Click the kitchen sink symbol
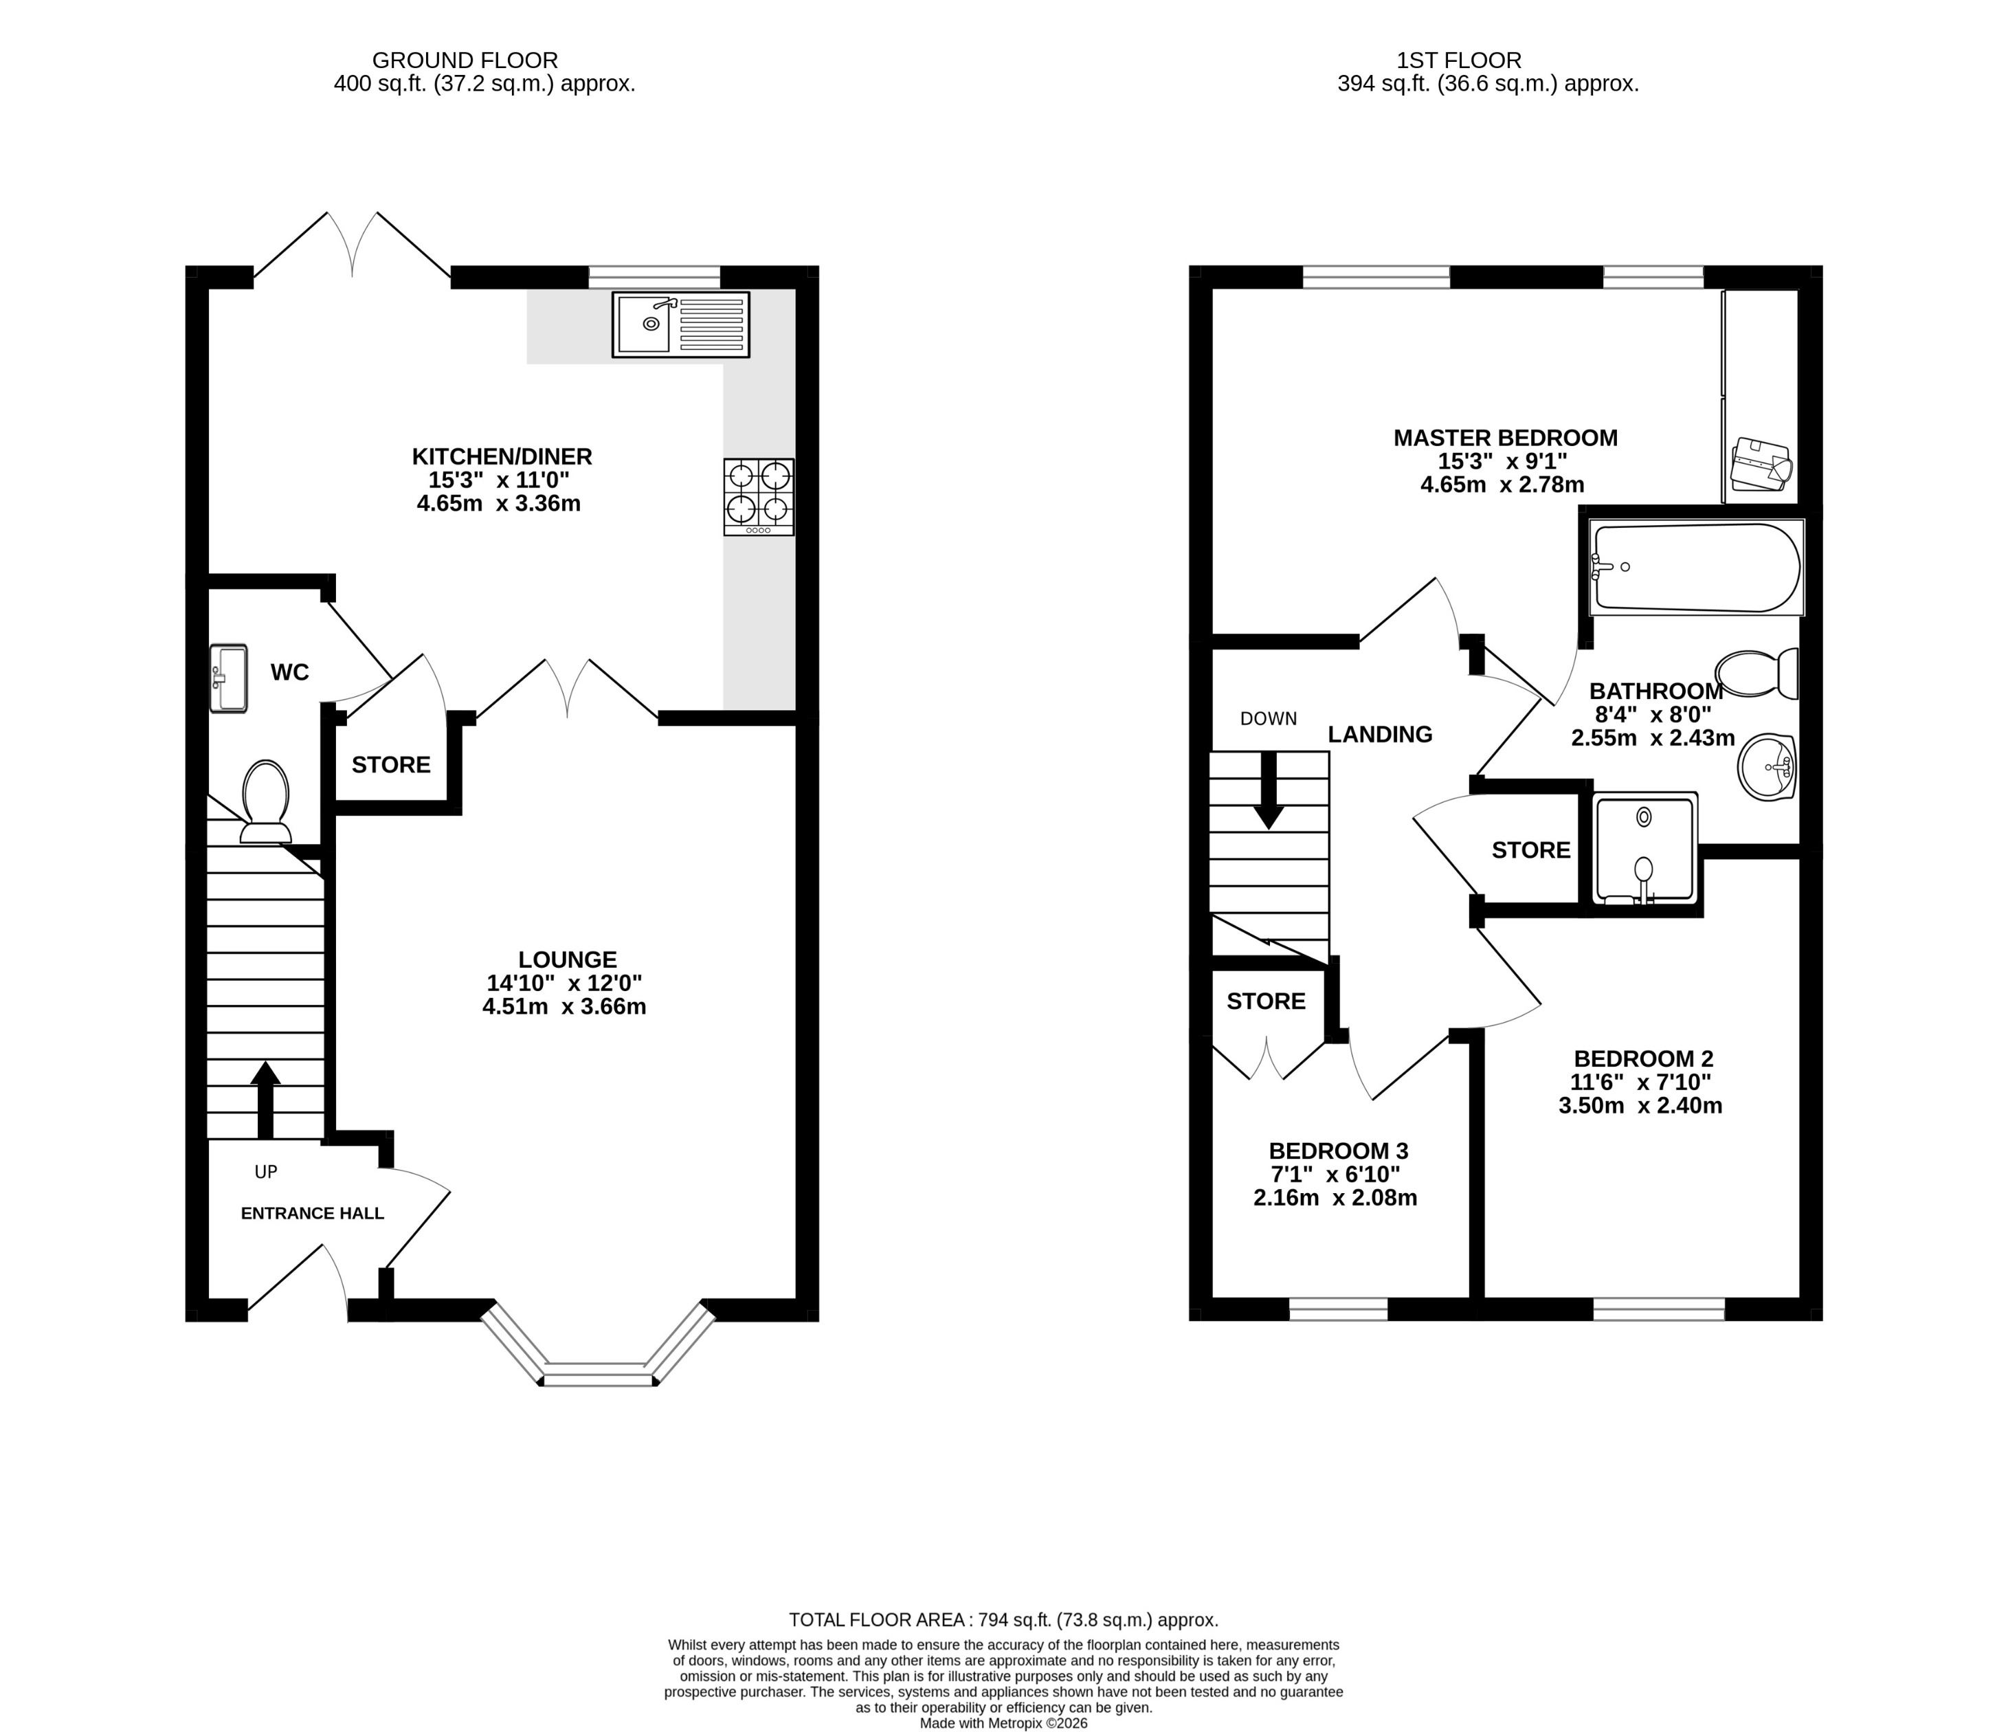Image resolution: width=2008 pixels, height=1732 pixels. [x=680, y=324]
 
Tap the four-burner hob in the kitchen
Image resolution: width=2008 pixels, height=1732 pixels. [x=759, y=496]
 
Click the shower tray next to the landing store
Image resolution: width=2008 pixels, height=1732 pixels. [x=1644, y=849]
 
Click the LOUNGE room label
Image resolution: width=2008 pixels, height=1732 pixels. [x=567, y=959]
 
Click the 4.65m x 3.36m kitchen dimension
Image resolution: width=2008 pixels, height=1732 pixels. [x=498, y=503]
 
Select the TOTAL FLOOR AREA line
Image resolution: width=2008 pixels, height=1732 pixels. [x=1003, y=1619]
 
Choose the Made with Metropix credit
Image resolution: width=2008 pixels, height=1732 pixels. [x=1003, y=1723]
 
